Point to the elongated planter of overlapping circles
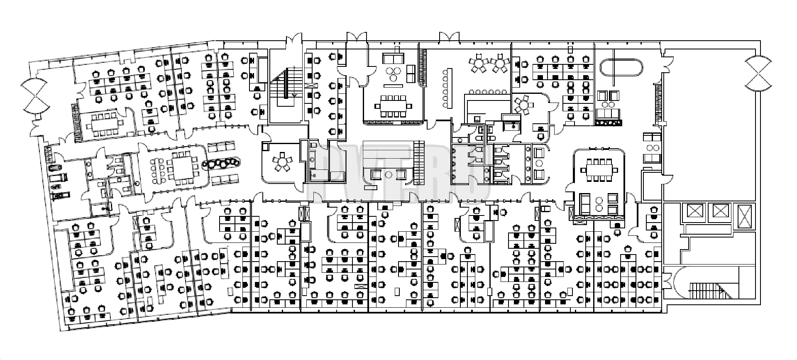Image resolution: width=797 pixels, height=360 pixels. coord(222,164)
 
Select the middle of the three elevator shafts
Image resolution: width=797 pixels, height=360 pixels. coord(719,211)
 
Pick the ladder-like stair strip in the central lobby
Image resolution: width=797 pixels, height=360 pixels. coord(419,162)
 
